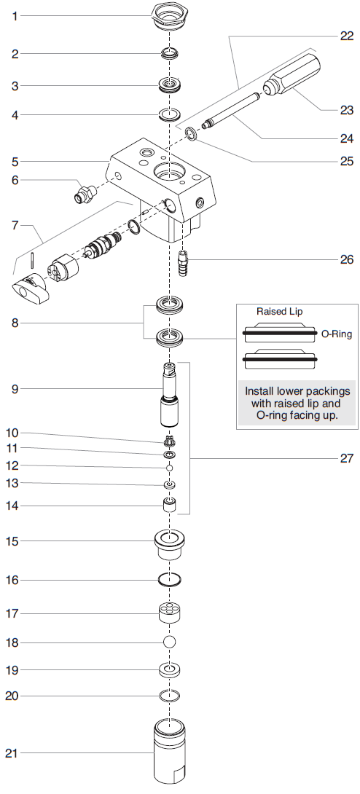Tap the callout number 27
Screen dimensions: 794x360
[346, 458]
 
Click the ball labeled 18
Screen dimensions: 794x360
[170, 642]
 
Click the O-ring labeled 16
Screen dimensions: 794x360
[170, 580]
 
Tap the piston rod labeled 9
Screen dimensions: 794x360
[170, 397]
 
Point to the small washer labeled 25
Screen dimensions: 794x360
[191, 133]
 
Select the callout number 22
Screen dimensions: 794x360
[346, 35]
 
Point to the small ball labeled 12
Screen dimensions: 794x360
[170, 466]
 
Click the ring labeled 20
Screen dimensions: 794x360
[170, 696]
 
